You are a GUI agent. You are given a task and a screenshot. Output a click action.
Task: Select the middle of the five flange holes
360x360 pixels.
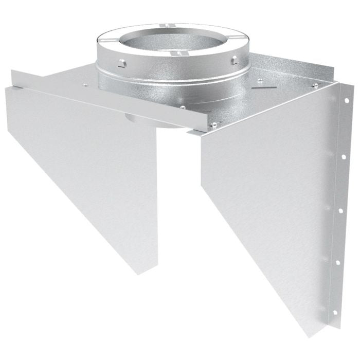point(340,210)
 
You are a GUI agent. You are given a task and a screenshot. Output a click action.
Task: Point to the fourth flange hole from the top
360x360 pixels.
point(337,263)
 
